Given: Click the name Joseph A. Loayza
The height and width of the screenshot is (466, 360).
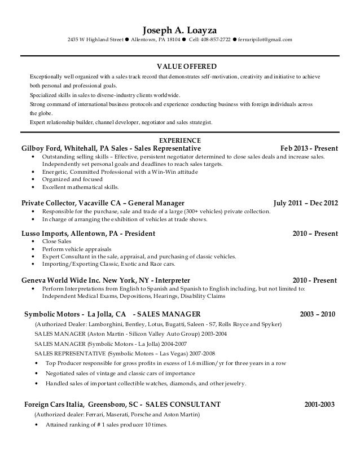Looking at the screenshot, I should pyautogui.click(x=179, y=30).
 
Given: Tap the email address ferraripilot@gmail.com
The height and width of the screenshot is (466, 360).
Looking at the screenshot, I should pyautogui.click(x=265, y=40).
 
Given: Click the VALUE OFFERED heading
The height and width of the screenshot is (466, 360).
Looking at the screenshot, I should pyautogui.click(x=179, y=66).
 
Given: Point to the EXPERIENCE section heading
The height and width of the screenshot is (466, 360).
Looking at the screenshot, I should pyautogui.click(x=179, y=140).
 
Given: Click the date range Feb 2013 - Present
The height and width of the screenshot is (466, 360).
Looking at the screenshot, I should pyautogui.click(x=309, y=148).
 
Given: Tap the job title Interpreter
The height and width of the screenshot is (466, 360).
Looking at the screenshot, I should pyautogui.click(x=172, y=280).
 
